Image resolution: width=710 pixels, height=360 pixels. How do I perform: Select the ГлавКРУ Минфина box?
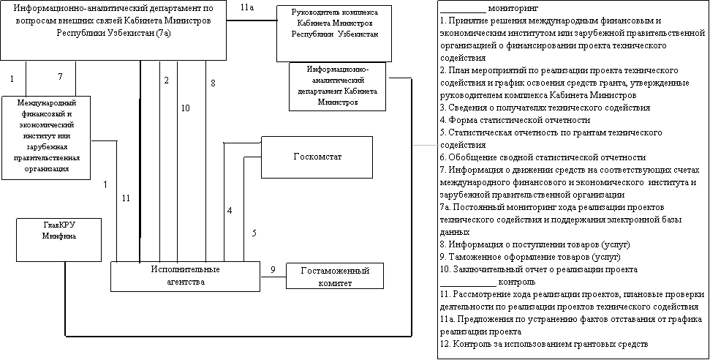59,239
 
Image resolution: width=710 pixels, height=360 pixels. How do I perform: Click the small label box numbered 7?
64,77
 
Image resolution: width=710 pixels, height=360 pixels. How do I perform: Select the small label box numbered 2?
167,80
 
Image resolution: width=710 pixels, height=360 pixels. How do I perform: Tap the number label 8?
212,83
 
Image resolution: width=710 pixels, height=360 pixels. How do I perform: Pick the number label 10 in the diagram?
185,108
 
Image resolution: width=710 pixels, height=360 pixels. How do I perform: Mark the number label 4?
230,211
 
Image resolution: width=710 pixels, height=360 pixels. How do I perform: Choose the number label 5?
254,234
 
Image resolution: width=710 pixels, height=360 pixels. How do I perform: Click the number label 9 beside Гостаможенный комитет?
273,269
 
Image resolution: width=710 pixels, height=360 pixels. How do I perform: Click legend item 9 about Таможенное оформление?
530,258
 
